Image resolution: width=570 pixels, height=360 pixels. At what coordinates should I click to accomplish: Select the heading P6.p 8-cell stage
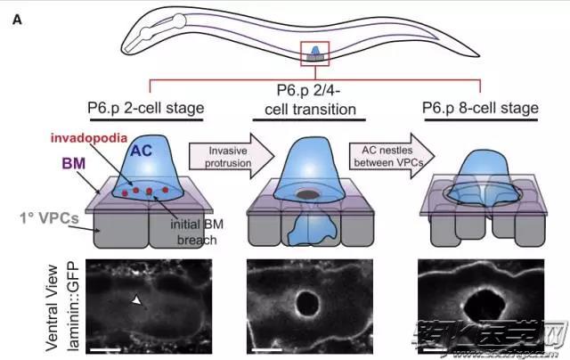(x=481, y=109)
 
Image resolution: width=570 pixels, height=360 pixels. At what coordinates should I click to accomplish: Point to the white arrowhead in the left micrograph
(x=135, y=303)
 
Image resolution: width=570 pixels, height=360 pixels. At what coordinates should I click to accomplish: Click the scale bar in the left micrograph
(x=103, y=350)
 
